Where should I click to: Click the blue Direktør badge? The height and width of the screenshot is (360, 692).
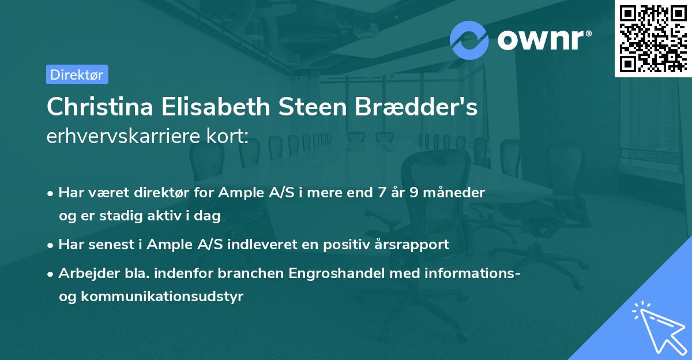point(77,74)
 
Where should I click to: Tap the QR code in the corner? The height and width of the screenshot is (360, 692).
point(653,38)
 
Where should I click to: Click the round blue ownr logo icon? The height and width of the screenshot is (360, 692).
point(469,40)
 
